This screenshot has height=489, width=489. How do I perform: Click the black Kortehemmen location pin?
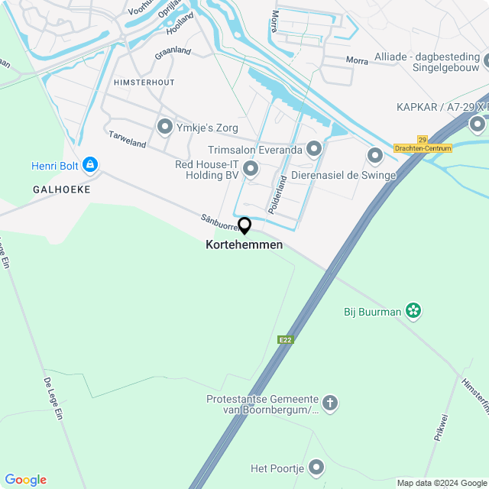pos(244,225)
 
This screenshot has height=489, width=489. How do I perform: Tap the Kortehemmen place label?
pos(244,245)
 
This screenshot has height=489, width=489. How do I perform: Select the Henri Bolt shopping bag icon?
pos(90,165)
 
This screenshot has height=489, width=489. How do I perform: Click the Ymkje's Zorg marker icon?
pos(164,127)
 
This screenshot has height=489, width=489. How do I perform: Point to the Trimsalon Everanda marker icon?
pos(314,149)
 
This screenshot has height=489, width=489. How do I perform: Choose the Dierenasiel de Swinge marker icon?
pos(374,156)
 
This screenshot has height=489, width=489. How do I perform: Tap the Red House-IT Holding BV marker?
pos(251,167)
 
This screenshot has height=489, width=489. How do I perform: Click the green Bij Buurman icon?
pos(413,311)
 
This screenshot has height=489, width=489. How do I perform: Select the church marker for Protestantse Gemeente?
pos(330,403)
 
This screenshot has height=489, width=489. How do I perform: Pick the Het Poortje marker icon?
pos(316,468)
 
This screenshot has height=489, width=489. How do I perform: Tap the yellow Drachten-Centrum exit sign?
pos(423,147)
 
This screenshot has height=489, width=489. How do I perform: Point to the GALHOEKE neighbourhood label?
pos(62,189)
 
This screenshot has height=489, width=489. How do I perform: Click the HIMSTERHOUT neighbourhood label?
pos(144,82)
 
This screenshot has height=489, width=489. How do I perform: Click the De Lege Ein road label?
pos(53,397)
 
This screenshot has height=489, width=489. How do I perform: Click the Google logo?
pos(25,480)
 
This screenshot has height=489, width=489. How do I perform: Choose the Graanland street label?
pos(173,53)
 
